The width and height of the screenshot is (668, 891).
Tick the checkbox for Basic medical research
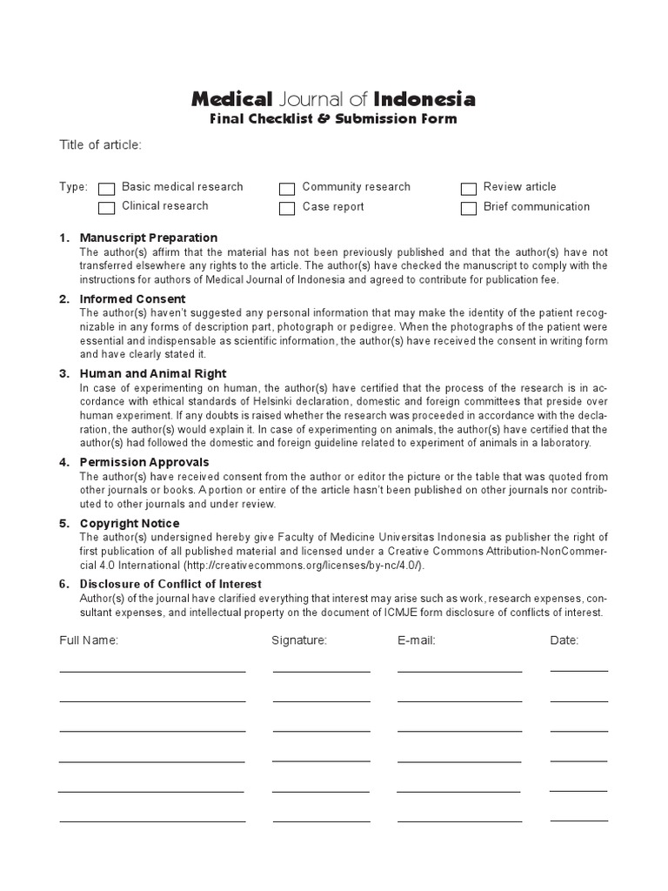(x=107, y=189)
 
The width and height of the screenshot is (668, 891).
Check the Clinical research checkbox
(x=107, y=208)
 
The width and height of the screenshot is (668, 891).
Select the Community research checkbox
(x=287, y=189)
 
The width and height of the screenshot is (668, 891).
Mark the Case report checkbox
(x=287, y=208)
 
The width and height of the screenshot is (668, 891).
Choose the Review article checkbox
(x=469, y=189)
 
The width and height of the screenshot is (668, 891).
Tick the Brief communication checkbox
(x=469, y=208)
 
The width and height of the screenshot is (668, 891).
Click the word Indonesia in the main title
(x=424, y=99)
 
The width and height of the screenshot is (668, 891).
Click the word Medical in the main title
(x=232, y=99)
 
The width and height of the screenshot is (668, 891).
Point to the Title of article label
(x=99, y=144)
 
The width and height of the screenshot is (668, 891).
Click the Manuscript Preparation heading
(x=148, y=238)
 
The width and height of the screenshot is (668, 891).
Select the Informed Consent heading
(x=132, y=299)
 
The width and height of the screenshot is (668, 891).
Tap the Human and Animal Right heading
(x=153, y=373)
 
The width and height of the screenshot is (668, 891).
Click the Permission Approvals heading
(x=144, y=462)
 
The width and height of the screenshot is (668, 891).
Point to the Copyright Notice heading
(x=130, y=523)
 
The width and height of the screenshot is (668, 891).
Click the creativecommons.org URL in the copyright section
(x=276, y=566)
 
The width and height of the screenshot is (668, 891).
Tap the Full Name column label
(x=89, y=640)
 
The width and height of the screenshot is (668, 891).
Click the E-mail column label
(x=416, y=640)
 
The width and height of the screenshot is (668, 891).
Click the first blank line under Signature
(x=321, y=670)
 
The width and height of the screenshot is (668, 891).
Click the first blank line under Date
(x=578, y=670)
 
